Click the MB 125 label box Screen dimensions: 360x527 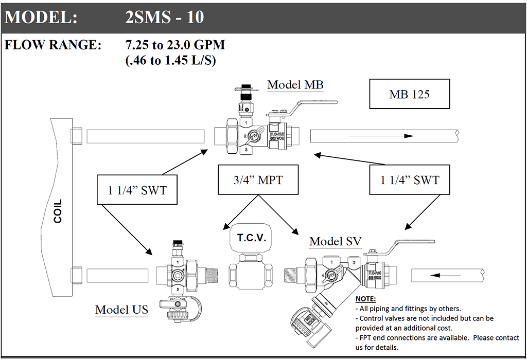[x=410, y=95]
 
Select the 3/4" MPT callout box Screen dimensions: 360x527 [x=258, y=179]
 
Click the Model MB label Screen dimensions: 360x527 [x=295, y=85]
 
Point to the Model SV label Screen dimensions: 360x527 [x=335, y=241]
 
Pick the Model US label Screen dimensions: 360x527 [x=121, y=310]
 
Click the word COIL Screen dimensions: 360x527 [x=58, y=211]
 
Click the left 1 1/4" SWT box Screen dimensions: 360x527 [x=137, y=190]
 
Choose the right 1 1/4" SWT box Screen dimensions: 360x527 [x=410, y=179]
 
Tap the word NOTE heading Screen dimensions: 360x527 [x=365, y=299]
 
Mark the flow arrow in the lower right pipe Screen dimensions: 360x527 [x=442, y=276]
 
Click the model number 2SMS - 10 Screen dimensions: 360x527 [x=165, y=17]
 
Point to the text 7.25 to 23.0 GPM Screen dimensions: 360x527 [x=175, y=45]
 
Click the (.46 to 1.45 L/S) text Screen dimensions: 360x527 [x=170, y=60]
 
